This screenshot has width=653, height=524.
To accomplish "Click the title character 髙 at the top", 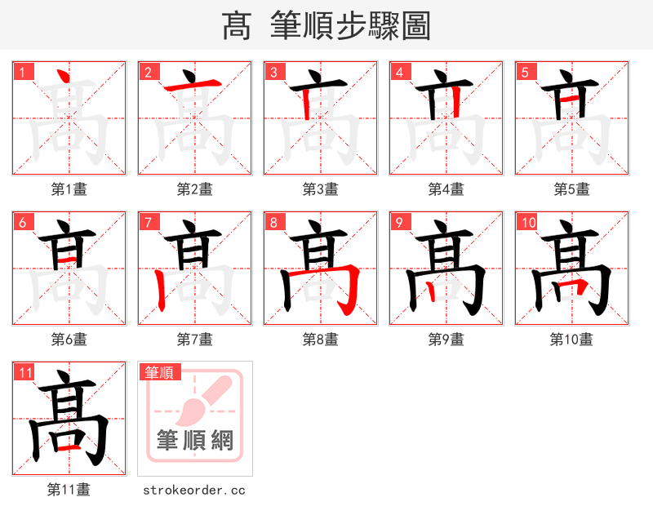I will [237, 26].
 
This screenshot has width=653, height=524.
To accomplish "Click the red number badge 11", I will [25, 373].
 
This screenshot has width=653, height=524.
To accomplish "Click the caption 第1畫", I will [69, 189].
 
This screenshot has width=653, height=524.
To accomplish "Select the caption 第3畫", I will [321, 189].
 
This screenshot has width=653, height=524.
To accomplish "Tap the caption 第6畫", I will [69, 340].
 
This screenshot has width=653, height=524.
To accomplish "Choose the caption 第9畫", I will [446, 340].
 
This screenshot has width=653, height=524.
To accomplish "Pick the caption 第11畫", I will [69, 490].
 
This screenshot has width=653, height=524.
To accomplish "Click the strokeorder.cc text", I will [194, 490].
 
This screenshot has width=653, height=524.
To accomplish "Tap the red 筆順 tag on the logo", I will [158, 372].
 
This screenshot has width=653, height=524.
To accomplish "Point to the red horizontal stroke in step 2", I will [194, 85].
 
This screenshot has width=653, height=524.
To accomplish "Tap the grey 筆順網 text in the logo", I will [195, 441].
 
